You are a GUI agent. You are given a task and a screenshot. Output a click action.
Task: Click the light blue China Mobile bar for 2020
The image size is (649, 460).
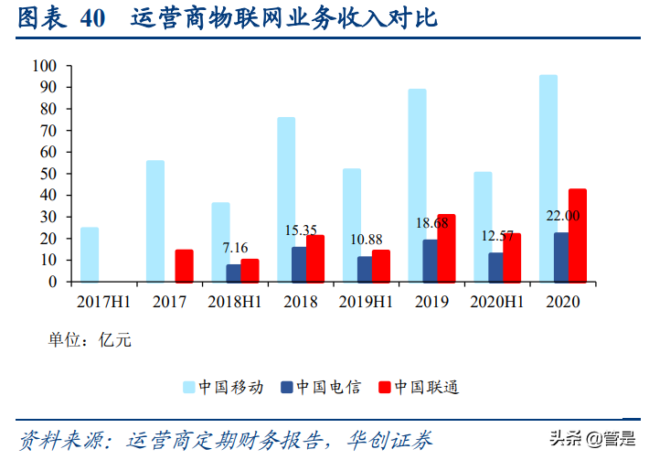(x=548, y=178)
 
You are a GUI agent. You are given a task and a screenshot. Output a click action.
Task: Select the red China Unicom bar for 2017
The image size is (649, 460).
(x=184, y=265)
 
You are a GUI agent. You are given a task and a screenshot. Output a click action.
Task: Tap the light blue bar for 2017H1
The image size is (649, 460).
(x=90, y=254)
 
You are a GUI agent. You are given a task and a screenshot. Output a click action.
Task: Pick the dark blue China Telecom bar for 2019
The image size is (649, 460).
(x=430, y=261)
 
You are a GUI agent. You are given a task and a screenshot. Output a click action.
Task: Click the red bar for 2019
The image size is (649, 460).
(x=446, y=248)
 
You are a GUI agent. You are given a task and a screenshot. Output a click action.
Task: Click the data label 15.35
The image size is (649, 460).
(x=301, y=230)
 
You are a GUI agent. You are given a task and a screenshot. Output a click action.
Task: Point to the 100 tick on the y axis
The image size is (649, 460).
(x=44, y=66)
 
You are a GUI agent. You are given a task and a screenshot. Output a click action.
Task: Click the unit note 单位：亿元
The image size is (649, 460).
(x=90, y=340)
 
